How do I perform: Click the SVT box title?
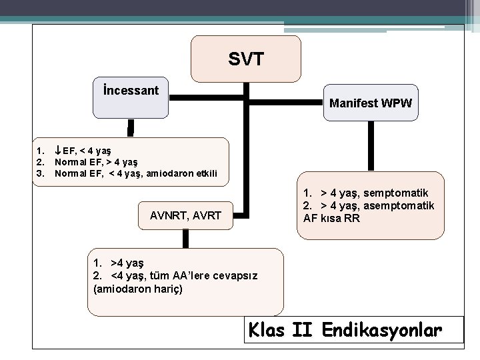tap(245, 59)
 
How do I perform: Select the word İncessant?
tap(131, 89)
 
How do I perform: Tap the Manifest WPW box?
tap(370, 103)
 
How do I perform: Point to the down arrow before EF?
tap(58, 151)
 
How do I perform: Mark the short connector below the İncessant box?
tap(131, 127)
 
